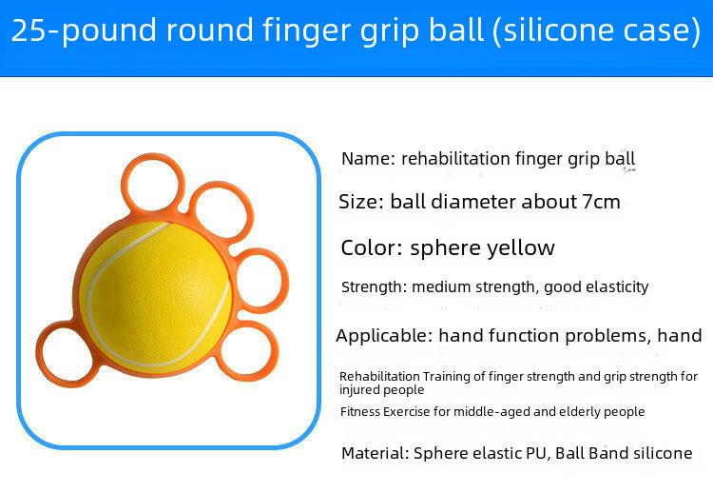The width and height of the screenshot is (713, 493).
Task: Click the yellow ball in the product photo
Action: coord(156,296)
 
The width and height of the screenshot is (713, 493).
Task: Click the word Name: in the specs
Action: coord(368,159)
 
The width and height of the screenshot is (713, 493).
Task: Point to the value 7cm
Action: coord(602,202)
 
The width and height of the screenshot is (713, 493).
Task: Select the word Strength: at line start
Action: coord(375,287)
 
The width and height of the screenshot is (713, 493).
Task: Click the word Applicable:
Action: coord(384,336)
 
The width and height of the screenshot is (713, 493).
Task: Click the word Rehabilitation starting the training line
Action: coord(379,377)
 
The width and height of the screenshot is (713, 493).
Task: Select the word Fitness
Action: coord(360,411)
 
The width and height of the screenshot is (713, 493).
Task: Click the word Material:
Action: coord(376,453)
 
